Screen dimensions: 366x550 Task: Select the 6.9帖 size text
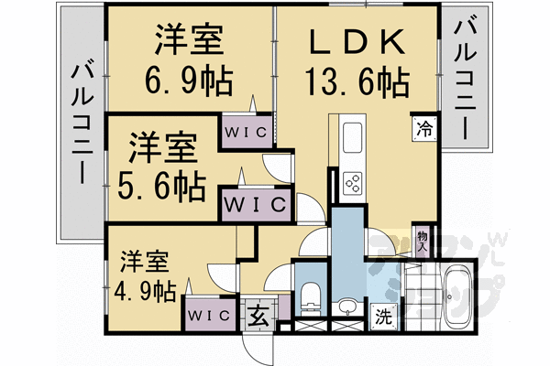coord(190,84)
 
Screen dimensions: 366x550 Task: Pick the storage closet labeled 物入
coord(423,241)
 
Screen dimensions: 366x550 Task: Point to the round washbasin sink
coord(347,306)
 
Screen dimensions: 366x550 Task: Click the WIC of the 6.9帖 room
coord(246,131)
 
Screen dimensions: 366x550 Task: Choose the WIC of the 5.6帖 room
coord(254,202)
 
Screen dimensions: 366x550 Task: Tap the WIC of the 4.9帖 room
coord(210,314)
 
